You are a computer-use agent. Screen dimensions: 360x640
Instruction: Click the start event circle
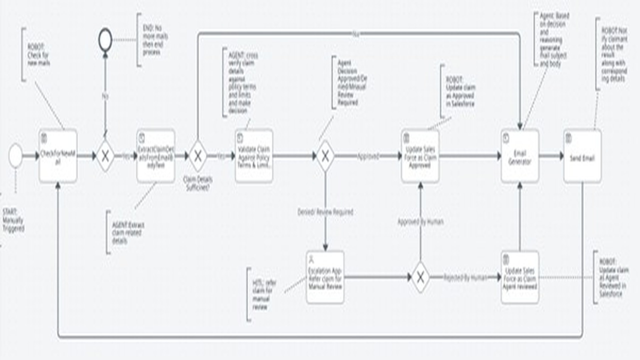tap(15, 155)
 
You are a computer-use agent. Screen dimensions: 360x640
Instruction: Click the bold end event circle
tap(105, 40)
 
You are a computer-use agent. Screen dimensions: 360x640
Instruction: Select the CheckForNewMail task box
tap(58, 156)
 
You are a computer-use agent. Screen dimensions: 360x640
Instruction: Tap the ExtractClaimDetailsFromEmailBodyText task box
tap(155, 156)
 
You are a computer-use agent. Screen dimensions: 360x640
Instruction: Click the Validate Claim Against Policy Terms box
tap(254, 156)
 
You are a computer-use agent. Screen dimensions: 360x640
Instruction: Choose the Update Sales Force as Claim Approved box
tap(420, 156)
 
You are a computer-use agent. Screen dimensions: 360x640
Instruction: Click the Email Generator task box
tap(520, 156)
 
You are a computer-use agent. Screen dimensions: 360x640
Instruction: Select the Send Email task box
tap(582, 156)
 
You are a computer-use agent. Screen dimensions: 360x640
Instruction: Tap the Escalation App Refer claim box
tap(325, 277)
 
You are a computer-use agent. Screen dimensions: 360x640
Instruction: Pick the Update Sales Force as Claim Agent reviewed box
tap(520, 277)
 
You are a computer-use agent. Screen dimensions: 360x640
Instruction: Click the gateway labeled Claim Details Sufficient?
tap(197, 156)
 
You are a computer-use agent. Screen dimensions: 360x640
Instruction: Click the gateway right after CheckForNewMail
tap(105, 156)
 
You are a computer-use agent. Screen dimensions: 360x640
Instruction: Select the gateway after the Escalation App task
tap(420, 277)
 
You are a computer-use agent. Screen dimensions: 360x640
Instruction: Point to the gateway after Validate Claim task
tap(325, 156)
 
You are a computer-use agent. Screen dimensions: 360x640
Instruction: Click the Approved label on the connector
tap(367, 156)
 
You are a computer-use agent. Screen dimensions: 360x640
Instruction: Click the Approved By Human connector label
tap(420, 221)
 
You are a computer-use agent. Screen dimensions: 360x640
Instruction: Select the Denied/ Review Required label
tap(325, 212)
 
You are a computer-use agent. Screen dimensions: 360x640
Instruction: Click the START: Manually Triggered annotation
tap(13, 220)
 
